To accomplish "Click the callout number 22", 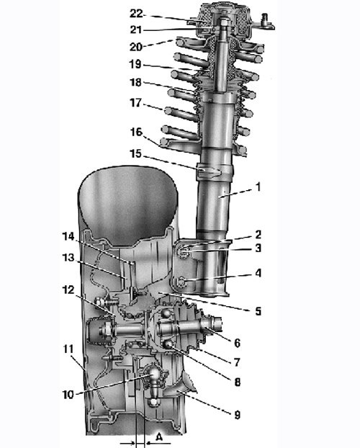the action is [x=136, y=14].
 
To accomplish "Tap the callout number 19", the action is [x=135, y=64].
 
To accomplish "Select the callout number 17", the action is [x=135, y=102].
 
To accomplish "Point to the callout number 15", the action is [x=135, y=153].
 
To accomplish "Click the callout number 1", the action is [x=258, y=187].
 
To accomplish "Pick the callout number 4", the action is [x=258, y=273].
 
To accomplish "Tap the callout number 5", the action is [x=258, y=310].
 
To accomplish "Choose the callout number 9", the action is [x=237, y=415].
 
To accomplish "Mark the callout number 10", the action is [x=68, y=395].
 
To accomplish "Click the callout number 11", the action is [x=68, y=349].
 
